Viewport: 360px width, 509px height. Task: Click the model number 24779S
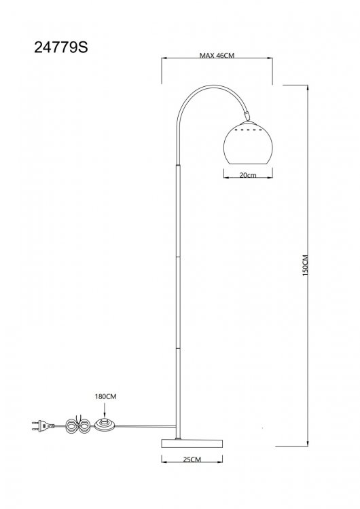60,48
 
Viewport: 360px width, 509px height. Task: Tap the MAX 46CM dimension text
217,55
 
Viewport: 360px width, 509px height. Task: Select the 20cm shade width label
248,175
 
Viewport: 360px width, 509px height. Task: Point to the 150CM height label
305,265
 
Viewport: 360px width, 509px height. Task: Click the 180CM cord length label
105,396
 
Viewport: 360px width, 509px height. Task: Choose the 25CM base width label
192,459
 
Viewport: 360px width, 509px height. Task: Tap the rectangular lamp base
192,443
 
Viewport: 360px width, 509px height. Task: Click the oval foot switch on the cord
105,425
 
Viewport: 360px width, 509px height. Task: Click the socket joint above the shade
247,115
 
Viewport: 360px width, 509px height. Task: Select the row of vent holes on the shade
248,130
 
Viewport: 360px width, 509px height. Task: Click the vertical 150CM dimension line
307,265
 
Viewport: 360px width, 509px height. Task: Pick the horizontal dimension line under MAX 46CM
217,58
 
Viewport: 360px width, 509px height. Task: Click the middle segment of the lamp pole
178,302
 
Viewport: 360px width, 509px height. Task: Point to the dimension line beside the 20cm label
248,178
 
